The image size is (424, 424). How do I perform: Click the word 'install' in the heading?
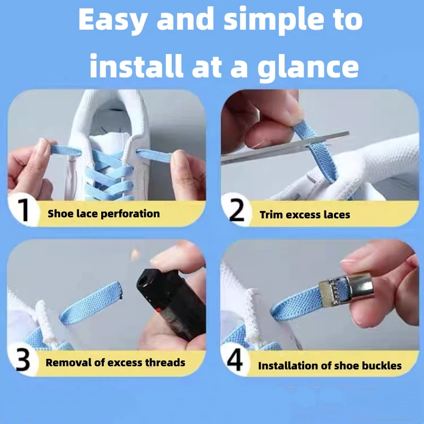(x=136, y=66)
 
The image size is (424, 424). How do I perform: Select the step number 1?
(x=24, y=210)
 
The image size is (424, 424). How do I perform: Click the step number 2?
(x=237, y=210)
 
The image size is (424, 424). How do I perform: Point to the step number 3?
(x=23, y=359)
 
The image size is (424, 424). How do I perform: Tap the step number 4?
(x=235, y=359)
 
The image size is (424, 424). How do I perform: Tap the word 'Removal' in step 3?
(x=69, y=363)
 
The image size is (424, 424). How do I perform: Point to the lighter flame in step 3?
(x=135, y=255)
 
